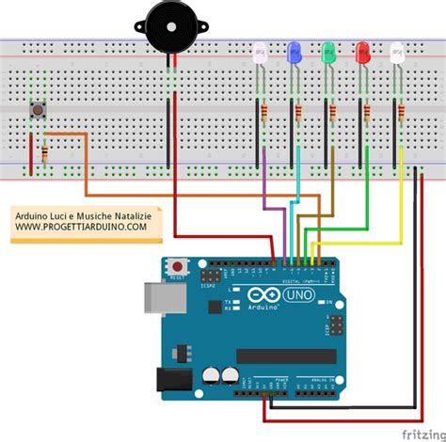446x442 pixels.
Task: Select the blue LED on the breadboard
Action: (294, 53)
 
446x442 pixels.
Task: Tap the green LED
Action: (328, 53)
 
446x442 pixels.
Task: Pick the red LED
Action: (362, 53)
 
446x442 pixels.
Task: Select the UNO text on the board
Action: (295, 296)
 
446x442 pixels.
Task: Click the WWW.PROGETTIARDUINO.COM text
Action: (80, 227)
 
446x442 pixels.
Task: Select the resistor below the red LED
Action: (369, 114)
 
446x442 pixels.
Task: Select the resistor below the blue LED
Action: (299, 114)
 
